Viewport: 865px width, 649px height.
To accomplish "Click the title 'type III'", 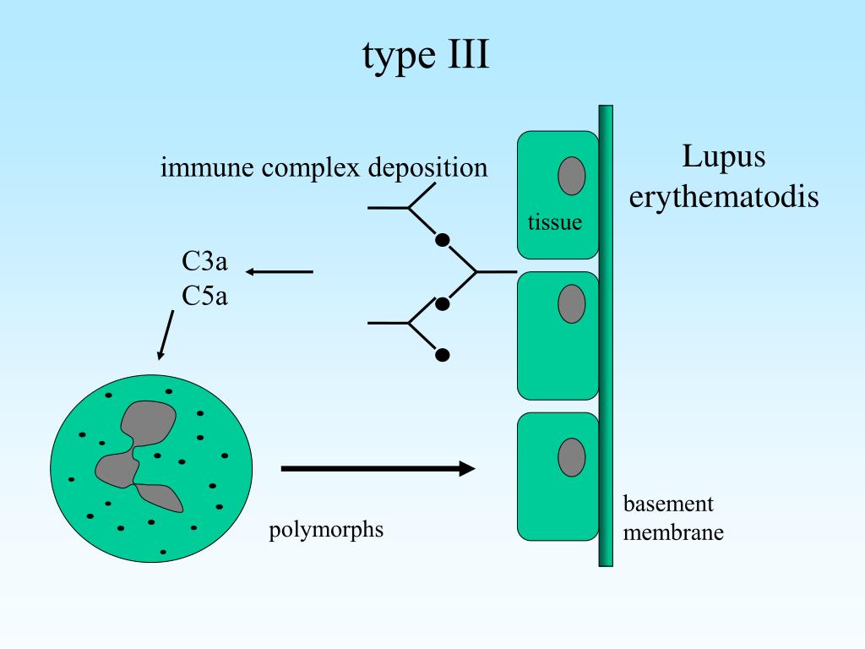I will (426, 56).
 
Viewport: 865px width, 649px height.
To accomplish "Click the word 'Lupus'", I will (723, 157).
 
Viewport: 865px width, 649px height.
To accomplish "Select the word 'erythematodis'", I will (724, 197).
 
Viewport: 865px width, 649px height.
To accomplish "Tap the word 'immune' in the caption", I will (207, 167).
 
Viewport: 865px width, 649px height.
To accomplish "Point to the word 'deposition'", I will (427, 167).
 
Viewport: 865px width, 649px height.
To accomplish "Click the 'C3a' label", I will (205, 261).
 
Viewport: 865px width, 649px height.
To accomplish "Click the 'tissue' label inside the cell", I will (555, 223).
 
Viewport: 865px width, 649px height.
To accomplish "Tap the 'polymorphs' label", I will (326, 531).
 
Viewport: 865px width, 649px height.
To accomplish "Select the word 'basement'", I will (668, 504).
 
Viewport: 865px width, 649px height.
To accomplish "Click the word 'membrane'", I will (673, 533).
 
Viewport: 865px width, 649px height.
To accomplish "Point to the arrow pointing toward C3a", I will (279, 272).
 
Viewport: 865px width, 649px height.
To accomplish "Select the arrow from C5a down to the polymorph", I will (165, 335).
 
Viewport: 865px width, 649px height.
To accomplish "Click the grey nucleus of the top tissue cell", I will (572, 175).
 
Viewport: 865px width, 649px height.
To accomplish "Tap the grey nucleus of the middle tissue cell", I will (572, 304).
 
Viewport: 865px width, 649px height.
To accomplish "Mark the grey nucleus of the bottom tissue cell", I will (572, 456).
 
